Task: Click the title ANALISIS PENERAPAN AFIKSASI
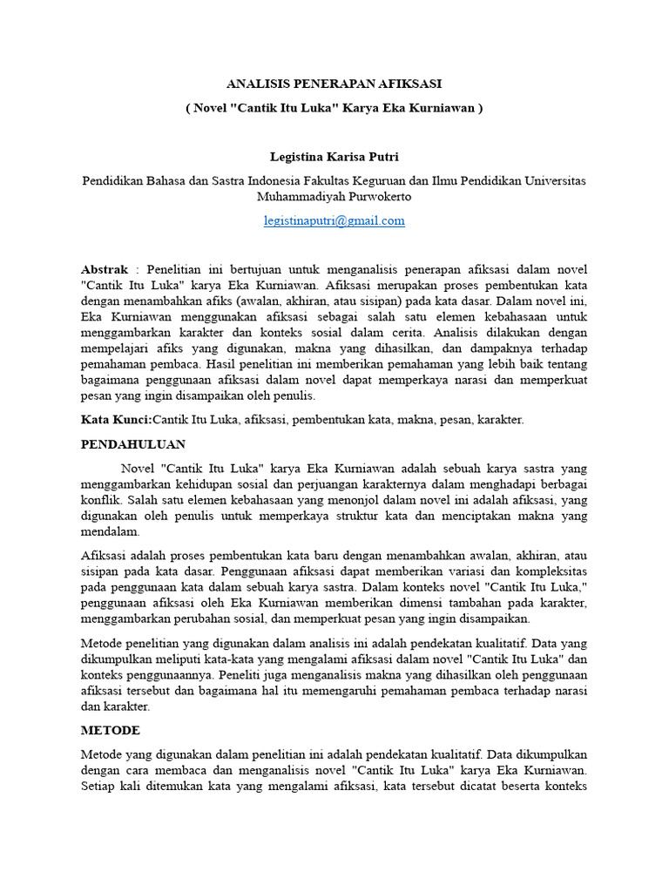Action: point(334,84)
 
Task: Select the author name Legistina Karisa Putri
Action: point(334,157)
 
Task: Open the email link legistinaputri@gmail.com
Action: point(334,220)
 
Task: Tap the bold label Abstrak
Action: point(105,269)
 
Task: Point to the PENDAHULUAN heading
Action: point(133,444)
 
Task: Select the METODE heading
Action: point(111,730)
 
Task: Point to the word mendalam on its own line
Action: point(111,531)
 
